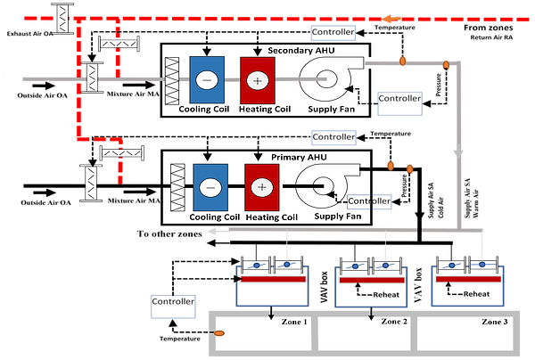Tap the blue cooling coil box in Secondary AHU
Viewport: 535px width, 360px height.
tap(207, 80)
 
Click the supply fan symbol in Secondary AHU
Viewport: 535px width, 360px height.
tap(325, 82)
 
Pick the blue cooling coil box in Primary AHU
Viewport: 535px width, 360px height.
tap(210, 188)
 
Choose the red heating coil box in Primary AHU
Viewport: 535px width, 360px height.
tap(261, 188)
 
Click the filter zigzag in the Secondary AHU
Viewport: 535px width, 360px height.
tap(173, 80)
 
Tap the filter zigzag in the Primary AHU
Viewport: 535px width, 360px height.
tap(177, 187)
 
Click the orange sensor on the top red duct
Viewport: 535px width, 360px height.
tap(390, 18)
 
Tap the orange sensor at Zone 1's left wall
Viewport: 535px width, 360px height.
tap(218, 333)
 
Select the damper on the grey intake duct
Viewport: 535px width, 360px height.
tap(90, 78)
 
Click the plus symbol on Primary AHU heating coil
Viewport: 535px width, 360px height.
tap(261, 188)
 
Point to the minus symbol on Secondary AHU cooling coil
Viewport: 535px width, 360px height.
tap(207, 80)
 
